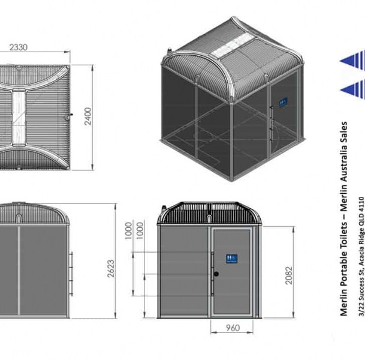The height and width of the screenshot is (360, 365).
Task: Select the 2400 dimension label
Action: click(88, 116)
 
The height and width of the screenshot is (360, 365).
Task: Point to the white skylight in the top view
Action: click(20, 114)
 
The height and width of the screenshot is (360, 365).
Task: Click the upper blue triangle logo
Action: click(353, 61)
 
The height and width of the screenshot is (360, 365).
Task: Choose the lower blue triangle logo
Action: click(353, 91)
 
